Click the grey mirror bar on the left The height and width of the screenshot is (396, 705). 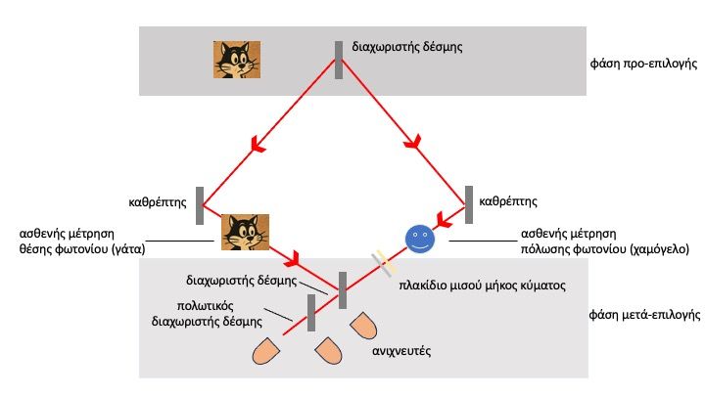[x=200, y=205]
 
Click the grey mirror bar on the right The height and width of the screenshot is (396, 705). [x=469, y=204]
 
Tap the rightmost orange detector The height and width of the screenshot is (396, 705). [x=361, y=327]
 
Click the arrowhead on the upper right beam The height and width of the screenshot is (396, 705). [x=415, y=144]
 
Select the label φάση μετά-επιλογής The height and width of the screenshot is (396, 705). [x=640, y=317]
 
